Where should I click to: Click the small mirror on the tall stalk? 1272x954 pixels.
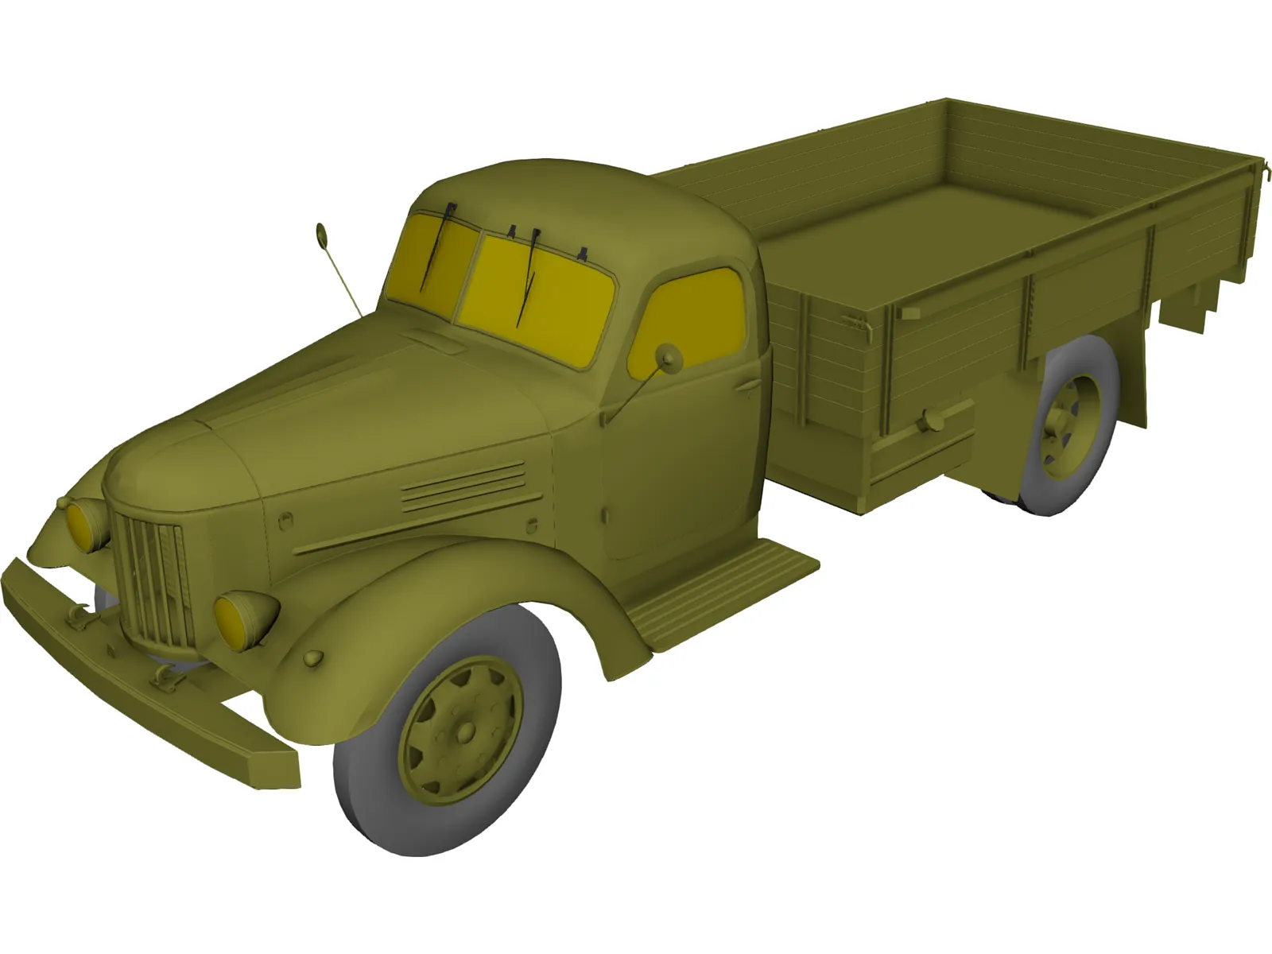(x=322, y=234)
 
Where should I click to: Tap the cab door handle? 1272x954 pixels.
(x=747, y=386)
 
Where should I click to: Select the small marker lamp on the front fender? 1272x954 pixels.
(x=314, y=658)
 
